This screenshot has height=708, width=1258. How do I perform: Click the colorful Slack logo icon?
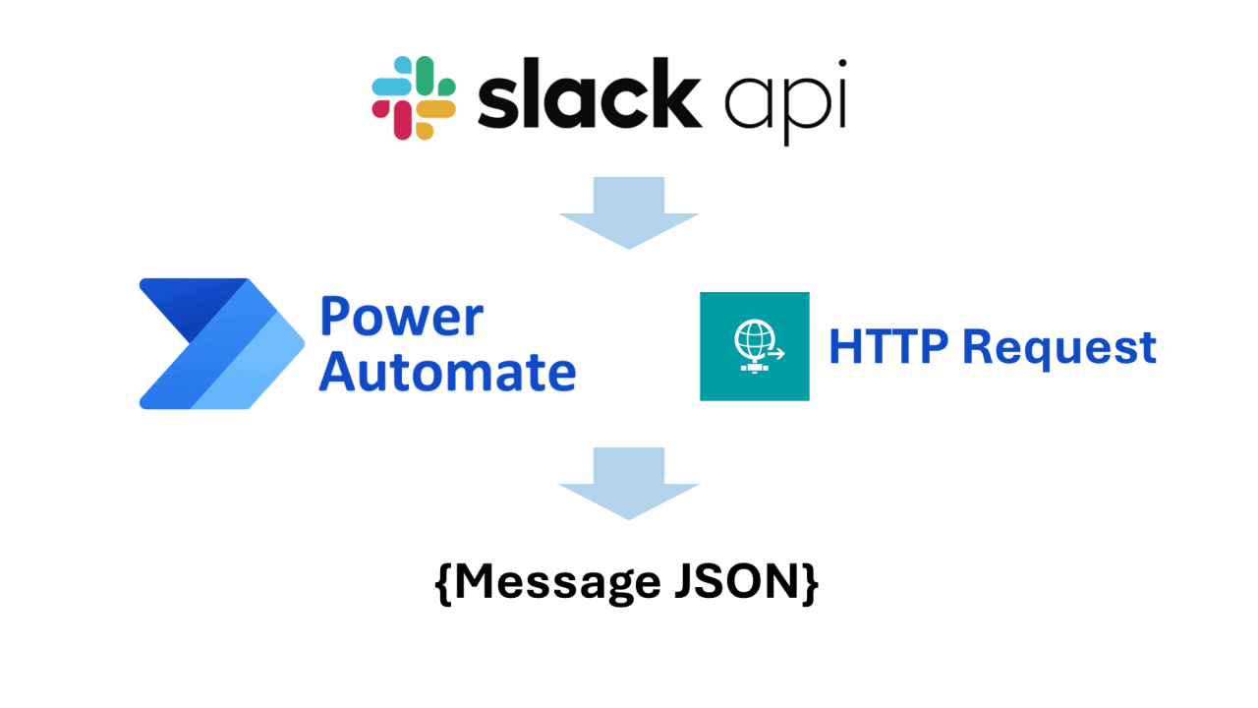pos(414,98)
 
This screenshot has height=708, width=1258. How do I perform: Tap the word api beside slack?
pos(784,102)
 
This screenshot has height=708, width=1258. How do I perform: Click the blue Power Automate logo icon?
pos(221,343)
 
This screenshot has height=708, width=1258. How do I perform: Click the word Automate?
pos(447,373)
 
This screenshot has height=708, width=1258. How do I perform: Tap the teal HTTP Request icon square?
pos(754,346)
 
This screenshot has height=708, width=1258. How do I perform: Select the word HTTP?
pos(888,347)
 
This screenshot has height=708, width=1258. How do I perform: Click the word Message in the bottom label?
pos(555,582)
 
